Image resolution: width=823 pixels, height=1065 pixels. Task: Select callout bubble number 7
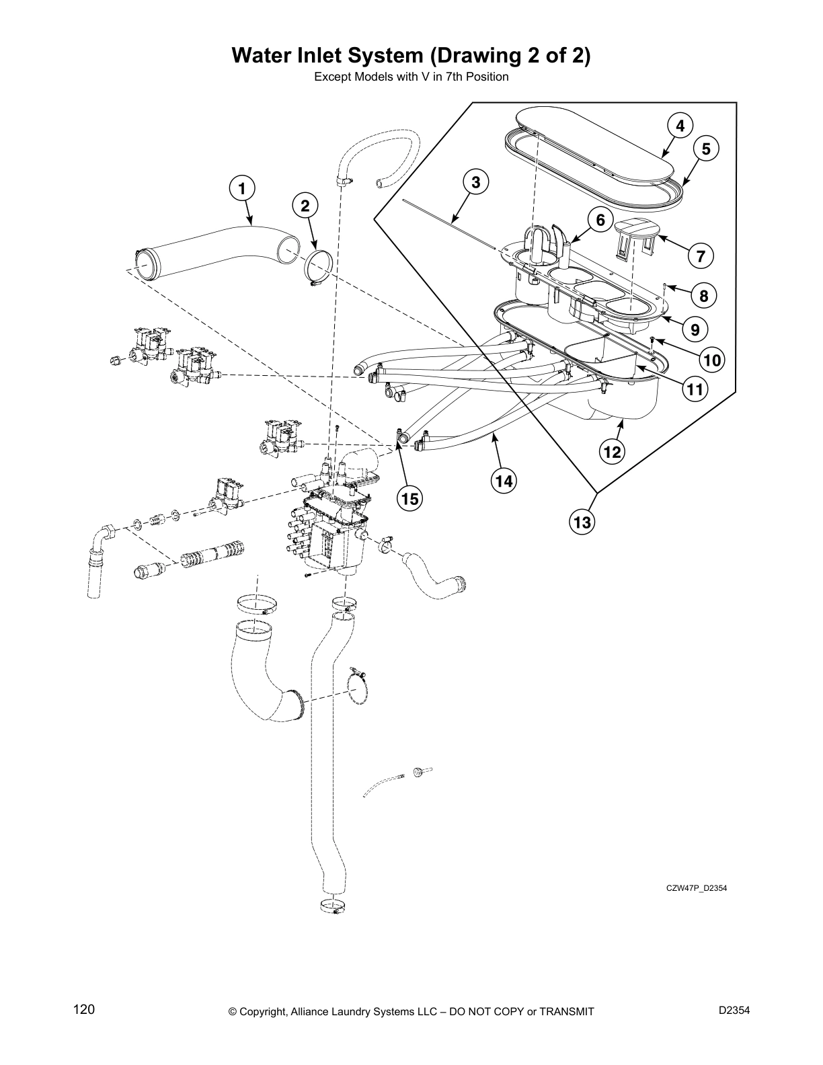[701, 255]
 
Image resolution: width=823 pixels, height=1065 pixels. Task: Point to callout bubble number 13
[583, 521]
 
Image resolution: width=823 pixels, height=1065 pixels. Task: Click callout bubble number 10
[711, 360]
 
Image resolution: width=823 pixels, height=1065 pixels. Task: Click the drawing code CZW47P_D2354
[696, 888]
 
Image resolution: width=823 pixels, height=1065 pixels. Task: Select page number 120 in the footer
[84, 1009]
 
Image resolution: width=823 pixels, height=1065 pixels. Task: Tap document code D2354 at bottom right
[734, 1010]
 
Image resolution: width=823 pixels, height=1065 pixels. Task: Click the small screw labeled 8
[664, 287]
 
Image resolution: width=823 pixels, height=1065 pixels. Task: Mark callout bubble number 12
[613, 452]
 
